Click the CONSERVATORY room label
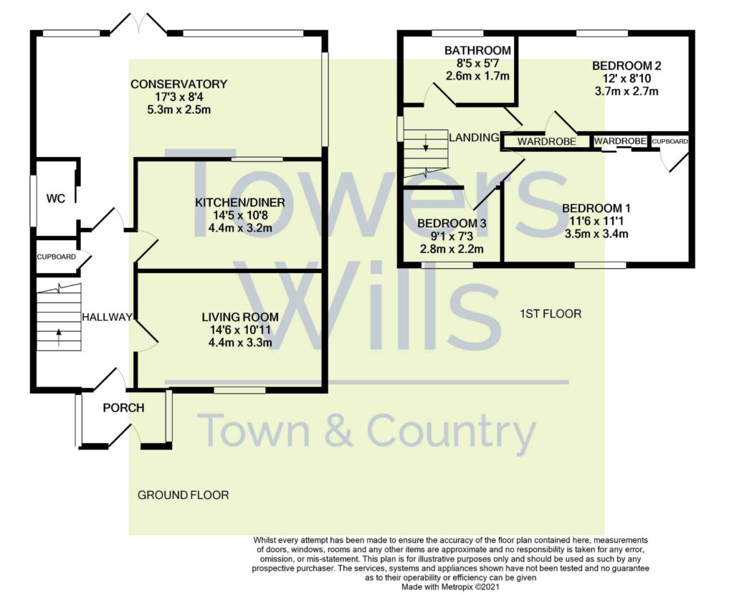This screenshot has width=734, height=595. tap(178, 84)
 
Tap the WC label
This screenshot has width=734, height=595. tap(56, 199)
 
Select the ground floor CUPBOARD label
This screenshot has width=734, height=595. tap(57, 256)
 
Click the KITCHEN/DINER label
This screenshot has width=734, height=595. tap(240, 203)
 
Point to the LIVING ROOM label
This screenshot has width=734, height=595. tap(239, 317)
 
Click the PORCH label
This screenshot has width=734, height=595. tap(123, 408)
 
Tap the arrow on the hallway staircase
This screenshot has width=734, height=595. tap(58, 333)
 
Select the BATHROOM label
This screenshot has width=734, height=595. tap(477, 51)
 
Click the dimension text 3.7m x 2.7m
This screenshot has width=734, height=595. tap(626, 91)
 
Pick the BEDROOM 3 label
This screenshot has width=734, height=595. tap(452, 224)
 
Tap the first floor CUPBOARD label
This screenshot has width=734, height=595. tap(670, 142)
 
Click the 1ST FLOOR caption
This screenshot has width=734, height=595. tap(550, 314)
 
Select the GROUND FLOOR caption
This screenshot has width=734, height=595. tap(183, 495)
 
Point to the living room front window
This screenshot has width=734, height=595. tap(239, 391)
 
